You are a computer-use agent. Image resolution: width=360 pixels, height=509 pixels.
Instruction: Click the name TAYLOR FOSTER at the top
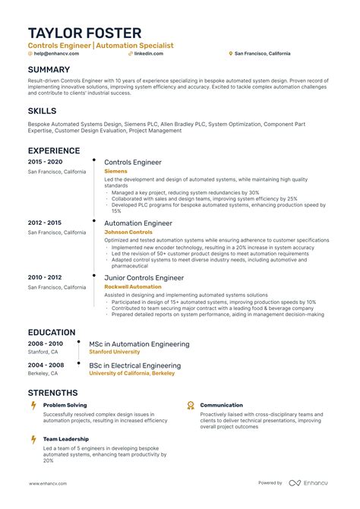(x=84, y=33)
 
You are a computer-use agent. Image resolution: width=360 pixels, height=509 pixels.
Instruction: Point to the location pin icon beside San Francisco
(x=230, y=55)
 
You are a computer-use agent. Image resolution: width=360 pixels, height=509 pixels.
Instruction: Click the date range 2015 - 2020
(x=46, y=163)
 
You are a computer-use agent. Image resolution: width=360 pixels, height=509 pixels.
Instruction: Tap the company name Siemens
(x=116, y=172)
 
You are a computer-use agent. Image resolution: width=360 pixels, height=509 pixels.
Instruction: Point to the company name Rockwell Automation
(x=133, y=287)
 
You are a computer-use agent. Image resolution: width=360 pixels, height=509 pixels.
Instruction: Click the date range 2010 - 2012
(x=46, y=278)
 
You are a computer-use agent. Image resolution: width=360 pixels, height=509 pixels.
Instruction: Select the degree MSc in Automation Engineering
(x=139, y=344)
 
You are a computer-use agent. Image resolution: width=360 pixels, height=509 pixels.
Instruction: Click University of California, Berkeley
(x=131, y=374)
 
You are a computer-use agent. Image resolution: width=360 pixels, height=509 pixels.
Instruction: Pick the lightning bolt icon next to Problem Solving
(x=33, y=406)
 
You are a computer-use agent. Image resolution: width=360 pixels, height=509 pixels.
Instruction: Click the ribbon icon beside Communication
(x=191, y=406)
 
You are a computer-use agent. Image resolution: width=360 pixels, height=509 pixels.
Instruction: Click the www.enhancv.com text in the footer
(x=50, y=483)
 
